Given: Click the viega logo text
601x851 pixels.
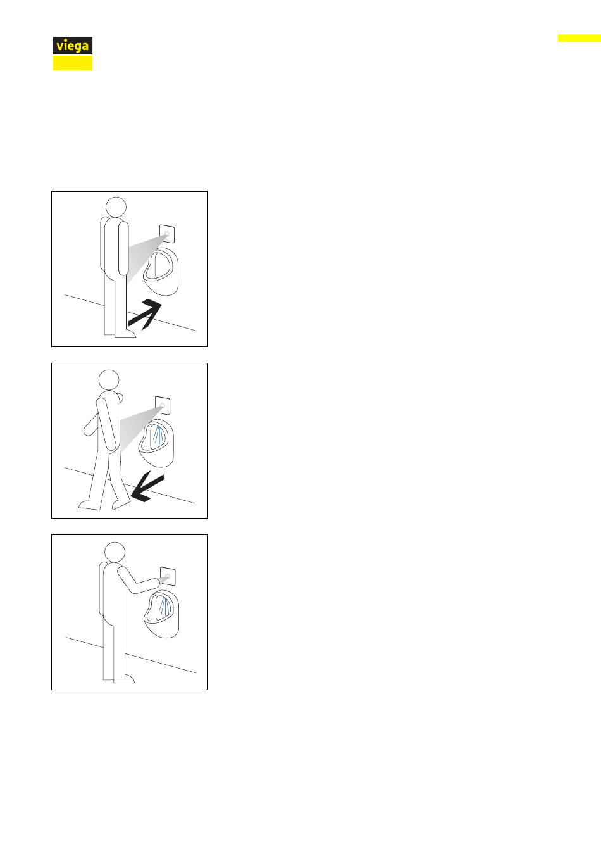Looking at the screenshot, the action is click(x=72, y=46).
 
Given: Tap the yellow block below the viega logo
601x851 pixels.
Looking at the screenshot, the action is click(x=73, y=63).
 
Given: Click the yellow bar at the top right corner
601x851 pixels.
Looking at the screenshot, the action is click(x=579, y=38).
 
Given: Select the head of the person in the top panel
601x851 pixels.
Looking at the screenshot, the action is click(x=116, y=208).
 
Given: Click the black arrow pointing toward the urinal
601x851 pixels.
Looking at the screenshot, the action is click(x=145, y=314).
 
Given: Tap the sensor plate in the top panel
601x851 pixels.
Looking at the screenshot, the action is click(x=167, y=234).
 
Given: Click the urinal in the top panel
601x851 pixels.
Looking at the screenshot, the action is click(x=161, y=271).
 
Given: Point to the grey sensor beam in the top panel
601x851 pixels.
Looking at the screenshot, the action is click(x=145, y=255).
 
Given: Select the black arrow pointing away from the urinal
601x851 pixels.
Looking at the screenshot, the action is click(x=147, y=488).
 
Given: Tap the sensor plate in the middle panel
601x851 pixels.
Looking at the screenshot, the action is click(x=163, y=406).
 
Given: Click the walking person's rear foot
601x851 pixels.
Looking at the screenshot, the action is click(x=90, y=505).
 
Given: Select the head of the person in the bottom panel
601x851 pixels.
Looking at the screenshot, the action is click(x=115, y=552).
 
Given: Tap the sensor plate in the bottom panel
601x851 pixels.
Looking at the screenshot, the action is click(x=168, y=576).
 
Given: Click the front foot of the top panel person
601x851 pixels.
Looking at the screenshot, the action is click(x=125, y=334).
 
